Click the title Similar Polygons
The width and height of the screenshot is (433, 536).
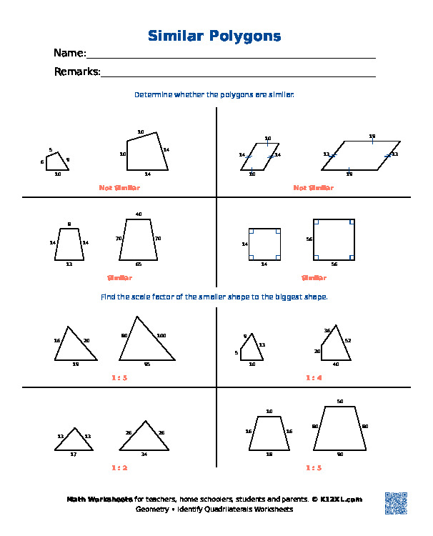pos(214,36)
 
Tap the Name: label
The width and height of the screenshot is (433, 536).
pos(69,54)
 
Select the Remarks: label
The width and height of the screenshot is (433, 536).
pos(77,71)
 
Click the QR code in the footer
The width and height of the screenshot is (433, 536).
pos(395,502)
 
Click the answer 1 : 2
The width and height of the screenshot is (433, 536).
pos(119,468)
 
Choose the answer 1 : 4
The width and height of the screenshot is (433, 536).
pos(314,377)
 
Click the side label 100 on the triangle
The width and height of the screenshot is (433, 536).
pos(161,336)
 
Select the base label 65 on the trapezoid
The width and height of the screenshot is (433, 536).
pos(139,264)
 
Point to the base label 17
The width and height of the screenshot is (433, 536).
pos(73,455)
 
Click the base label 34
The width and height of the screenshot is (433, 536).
pos(144,455)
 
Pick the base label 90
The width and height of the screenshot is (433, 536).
pos(340,455)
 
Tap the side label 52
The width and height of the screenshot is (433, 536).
pos(347,340)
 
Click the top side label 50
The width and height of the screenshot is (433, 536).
pos(340,402)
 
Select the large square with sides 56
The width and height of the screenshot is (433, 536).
pos(334,239)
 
